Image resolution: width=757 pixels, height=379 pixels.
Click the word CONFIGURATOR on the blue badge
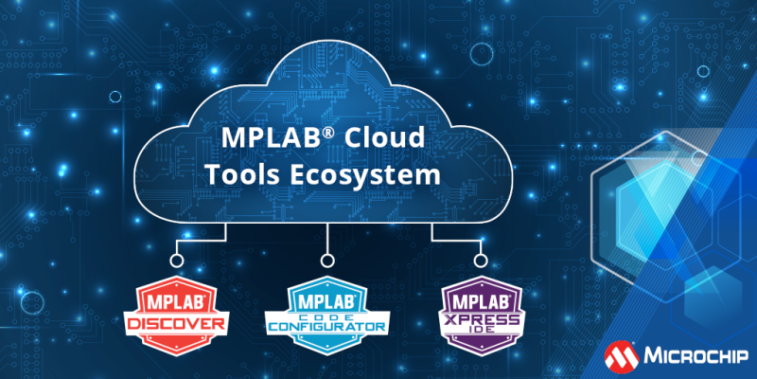(326, 327)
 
